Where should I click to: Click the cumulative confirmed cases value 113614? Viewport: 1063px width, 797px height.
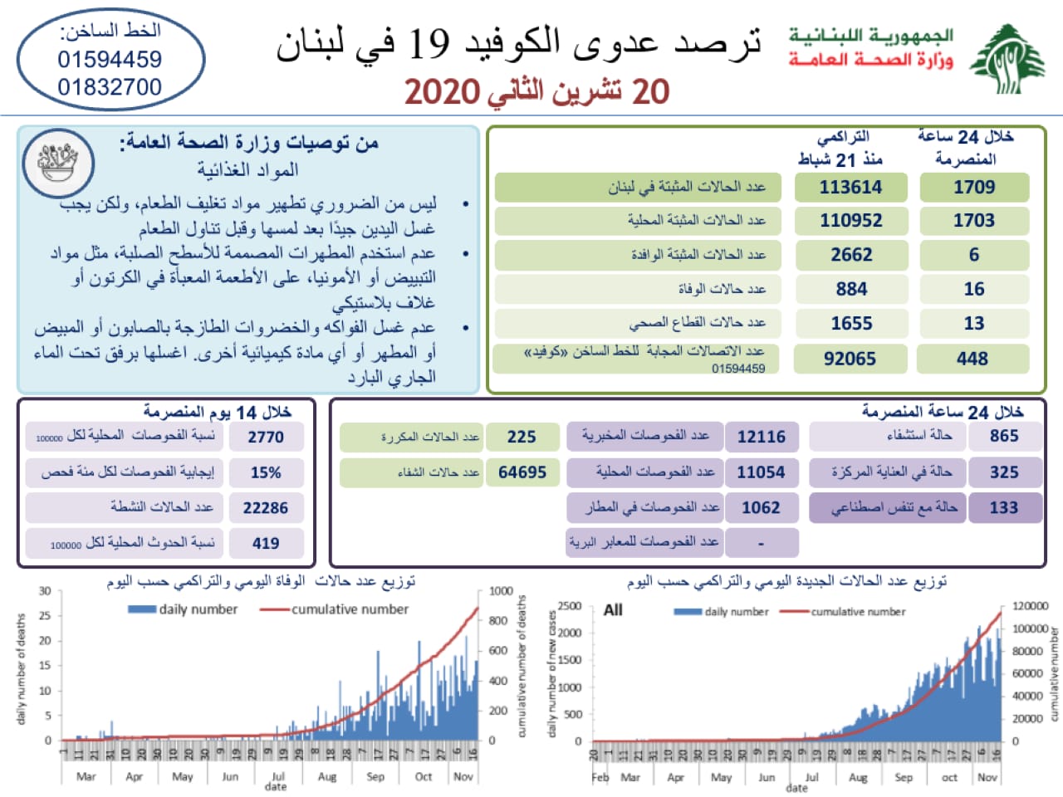click(x=850, y=188)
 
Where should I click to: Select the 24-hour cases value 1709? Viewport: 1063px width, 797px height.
click(x=974, y=188)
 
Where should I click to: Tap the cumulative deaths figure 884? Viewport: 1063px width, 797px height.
click(x=851, y=289)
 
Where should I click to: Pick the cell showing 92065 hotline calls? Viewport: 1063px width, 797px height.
click(x=850, y=359)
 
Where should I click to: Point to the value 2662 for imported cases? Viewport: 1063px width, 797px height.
click(x=851, y=255)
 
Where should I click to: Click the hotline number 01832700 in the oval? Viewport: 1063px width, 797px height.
click(x=110, y=87)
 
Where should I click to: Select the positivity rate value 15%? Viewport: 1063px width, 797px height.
click(x=266, y=472)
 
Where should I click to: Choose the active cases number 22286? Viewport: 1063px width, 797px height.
click(x=265, y=508)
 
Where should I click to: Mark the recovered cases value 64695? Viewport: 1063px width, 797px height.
click(x=522, y=472)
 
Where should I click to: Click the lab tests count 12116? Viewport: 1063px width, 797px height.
click(x=761, y=437)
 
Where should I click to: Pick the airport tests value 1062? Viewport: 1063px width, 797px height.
click(x=761, y=507)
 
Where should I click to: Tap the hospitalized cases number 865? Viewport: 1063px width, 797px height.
click(x=1003, y=436)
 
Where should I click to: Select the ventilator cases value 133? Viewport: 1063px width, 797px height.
click(x=1003, y=507)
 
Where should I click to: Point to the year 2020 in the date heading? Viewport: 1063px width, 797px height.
click(x=443, y=92)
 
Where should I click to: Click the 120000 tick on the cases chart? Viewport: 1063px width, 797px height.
click(x=1031, y=606)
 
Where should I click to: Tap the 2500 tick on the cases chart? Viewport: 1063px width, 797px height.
click(x=570, y=606)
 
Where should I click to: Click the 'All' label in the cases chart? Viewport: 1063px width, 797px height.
click(x=613, y=610)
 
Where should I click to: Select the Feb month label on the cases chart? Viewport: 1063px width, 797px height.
click(x=600, y=778)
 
